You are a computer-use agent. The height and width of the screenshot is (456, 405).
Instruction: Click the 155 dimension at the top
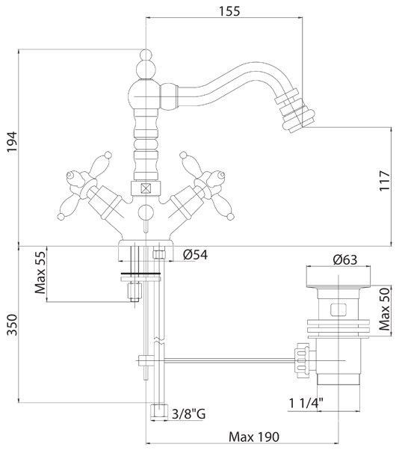point(229,11)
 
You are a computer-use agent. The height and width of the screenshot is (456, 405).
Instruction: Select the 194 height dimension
point(12,142)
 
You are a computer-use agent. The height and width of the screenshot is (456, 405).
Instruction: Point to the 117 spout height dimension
point(385,181)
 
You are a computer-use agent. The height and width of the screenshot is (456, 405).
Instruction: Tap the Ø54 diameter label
point(195,255)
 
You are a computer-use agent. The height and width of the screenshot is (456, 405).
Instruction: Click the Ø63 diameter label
point(345,259)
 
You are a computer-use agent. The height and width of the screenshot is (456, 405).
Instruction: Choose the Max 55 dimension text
point(40,273)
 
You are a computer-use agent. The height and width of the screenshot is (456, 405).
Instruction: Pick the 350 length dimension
point(12,324)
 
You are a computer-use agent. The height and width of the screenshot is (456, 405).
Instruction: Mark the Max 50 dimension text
point(384,309)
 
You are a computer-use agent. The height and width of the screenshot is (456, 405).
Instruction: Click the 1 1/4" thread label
point(306,404)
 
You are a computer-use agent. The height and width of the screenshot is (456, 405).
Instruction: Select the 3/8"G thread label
point(189,413)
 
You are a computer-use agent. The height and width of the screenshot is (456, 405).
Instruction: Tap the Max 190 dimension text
point(254,437)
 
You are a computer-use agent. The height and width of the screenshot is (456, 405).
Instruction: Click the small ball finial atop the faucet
point(146,55)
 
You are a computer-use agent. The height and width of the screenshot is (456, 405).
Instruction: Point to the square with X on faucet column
point(145,188)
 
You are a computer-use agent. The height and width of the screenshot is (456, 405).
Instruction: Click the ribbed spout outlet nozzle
point(295,111)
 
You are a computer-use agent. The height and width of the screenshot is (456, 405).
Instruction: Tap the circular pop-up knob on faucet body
point(145,212)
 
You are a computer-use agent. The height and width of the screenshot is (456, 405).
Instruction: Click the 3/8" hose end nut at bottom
point(159,411)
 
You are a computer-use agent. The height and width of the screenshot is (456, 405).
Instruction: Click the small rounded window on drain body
point(338,309)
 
